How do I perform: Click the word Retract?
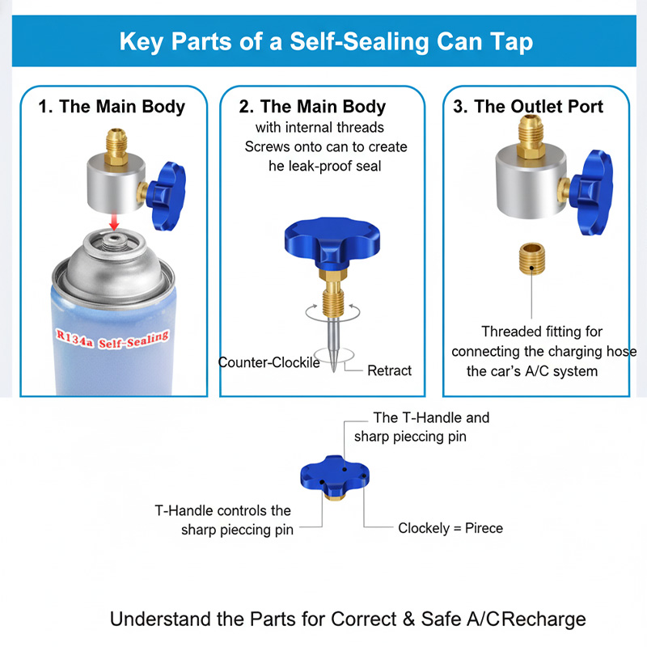389,370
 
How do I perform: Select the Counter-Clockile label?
269,362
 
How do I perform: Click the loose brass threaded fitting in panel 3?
531,254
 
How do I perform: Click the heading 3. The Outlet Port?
528,107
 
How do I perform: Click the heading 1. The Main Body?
112,107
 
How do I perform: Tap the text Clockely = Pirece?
450,528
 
